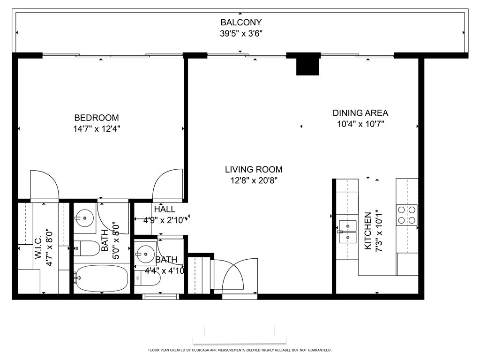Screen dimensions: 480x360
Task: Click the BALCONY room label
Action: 241,22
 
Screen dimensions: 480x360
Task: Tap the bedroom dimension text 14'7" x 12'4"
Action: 97,129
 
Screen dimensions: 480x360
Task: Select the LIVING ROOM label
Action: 254,169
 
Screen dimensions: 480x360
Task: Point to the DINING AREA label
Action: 360,113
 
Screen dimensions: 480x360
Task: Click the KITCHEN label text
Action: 367,231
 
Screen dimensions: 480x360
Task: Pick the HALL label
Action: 165,210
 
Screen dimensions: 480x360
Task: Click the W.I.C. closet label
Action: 38,247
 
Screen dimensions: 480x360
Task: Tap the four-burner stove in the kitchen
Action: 407,215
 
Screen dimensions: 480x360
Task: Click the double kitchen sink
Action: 348,232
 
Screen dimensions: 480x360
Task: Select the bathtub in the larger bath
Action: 101,278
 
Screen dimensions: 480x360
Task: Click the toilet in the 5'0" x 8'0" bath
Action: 87,248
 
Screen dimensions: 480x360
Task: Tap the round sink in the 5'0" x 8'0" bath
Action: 84,218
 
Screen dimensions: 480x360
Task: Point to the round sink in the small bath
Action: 145,254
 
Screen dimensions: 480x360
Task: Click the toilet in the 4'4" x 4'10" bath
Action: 148,278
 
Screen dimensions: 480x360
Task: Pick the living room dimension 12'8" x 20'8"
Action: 254,180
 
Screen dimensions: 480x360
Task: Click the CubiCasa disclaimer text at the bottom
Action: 240,350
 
